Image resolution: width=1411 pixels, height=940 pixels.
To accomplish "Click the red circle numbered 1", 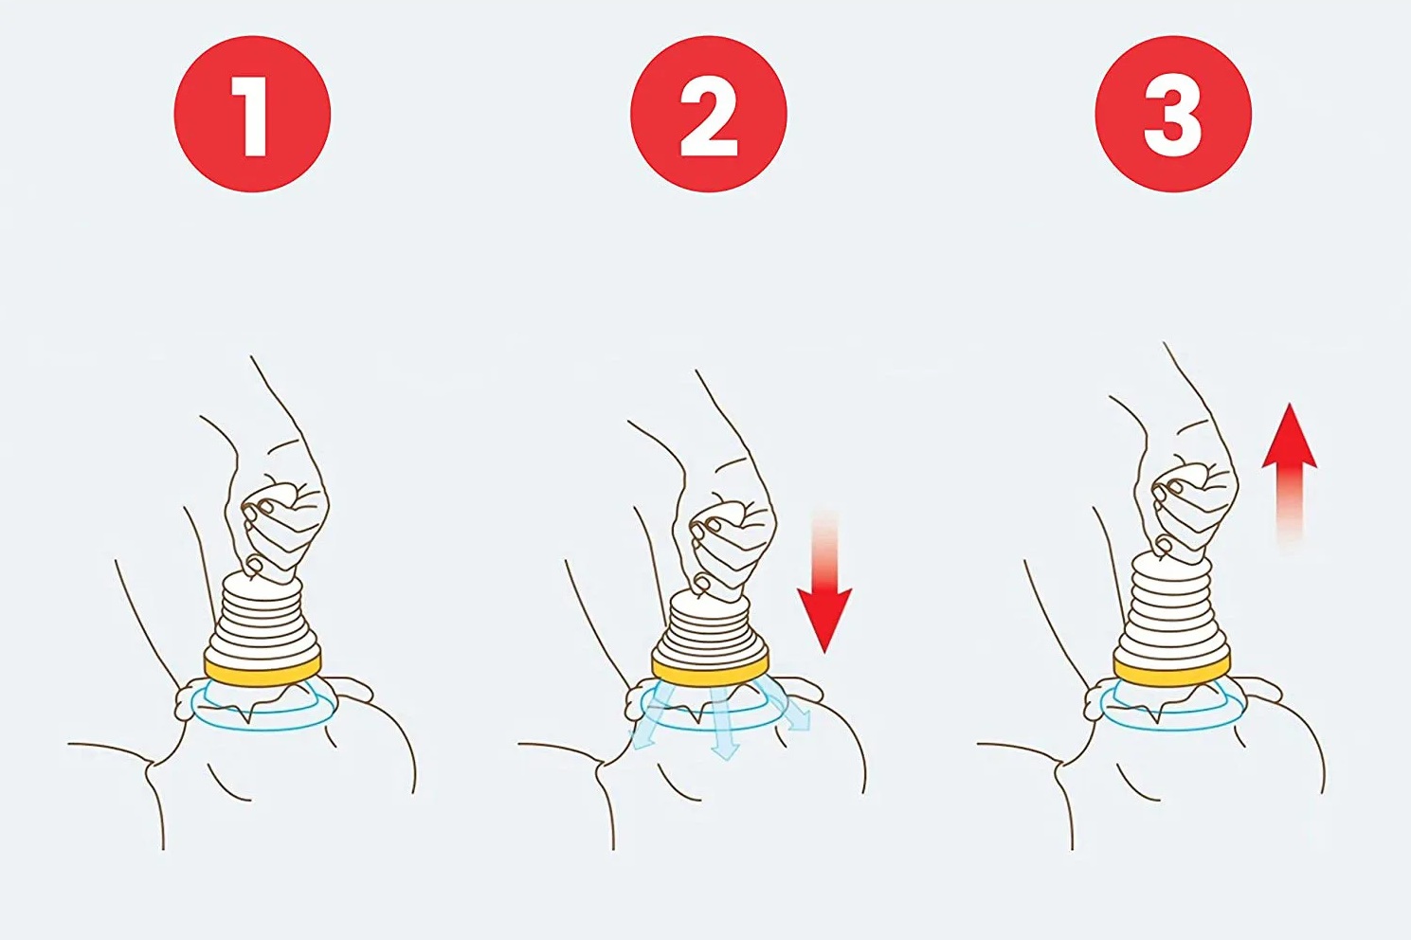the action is pos(252,114).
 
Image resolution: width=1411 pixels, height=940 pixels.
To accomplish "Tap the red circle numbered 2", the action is pos(709,114).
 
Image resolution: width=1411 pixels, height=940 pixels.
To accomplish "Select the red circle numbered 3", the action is pos(1173,114).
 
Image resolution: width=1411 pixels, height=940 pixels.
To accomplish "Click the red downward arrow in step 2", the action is pos(824,583).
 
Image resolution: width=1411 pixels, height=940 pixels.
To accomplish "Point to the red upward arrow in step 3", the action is pos(1290,476).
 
